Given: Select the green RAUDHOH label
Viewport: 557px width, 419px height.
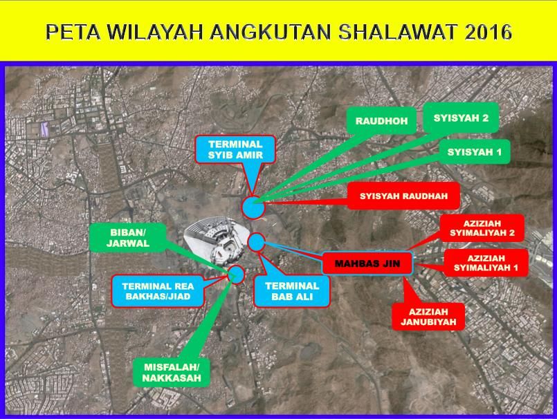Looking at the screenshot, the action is [381, 121].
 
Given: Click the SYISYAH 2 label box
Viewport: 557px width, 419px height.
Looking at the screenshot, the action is [461, 118].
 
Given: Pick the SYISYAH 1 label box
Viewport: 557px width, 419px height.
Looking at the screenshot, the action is [474, 152].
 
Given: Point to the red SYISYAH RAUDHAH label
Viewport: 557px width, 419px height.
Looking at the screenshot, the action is [403, 196].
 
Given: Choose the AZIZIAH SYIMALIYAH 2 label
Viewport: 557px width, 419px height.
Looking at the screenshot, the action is [482, 228].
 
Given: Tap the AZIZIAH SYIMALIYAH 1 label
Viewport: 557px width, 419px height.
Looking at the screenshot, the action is [486, 263].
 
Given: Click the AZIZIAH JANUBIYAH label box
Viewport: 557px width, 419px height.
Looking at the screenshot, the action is [428, 317].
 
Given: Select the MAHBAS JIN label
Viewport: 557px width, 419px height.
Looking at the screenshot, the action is [367, 263].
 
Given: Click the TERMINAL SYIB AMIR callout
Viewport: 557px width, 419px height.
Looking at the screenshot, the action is [235, 149].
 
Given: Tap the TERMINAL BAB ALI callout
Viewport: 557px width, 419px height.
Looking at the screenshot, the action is [292, 291].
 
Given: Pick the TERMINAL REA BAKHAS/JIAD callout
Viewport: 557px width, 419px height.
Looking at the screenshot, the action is [158, 291].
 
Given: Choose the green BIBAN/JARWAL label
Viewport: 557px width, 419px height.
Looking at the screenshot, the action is [127, 238].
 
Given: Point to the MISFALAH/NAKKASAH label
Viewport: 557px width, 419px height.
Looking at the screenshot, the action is [172, 373].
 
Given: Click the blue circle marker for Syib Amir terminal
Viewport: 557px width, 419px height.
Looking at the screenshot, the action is [253, 207].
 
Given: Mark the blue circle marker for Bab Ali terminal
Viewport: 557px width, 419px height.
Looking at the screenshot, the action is [257, 242].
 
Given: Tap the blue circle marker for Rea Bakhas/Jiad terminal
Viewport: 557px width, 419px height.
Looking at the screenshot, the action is [236, 274].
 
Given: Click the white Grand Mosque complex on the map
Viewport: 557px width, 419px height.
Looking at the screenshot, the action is [217, 241].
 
